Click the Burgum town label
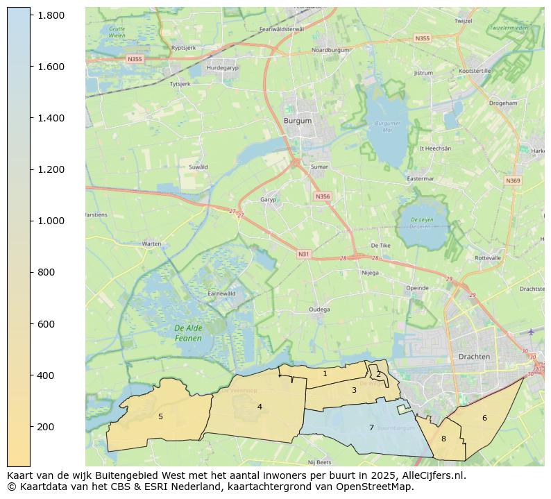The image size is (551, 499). tap(298, 120)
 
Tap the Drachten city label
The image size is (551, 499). tap(474, 356)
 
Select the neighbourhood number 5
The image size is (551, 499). tap(160, 416)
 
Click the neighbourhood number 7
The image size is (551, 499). tap(371, 428)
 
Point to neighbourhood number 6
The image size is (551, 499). tap(484, 418)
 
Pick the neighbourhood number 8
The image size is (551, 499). tap(443, 439)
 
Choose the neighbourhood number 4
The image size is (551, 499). tap(260, 407)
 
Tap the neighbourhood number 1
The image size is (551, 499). tap(325, 373)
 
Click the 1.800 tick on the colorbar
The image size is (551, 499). tap(51, 15)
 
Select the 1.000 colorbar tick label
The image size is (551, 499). tap(51, 221)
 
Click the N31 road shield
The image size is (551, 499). tap(303, 254)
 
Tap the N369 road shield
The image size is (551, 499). tap(513, 180)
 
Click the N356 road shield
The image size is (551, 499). tap(323, 196)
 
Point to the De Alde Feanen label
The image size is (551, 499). tap(188, 333)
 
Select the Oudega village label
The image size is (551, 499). tap(319, 310)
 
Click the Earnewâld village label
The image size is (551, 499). tap(222, 294)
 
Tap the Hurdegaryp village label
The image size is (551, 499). tap(222, 68)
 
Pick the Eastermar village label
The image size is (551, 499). tap(420, 178)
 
